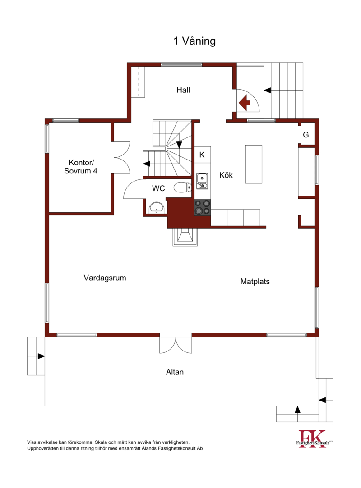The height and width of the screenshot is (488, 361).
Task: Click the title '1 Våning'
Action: click(194, 41)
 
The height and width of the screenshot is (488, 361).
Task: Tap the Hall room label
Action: click(183, 90)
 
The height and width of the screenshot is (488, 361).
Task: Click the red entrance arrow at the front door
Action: click(245, 102)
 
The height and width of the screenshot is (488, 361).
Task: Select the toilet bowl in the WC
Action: click(182, 187)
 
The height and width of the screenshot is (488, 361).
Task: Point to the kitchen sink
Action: click(202, 181)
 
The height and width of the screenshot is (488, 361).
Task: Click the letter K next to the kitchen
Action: click(202, 155)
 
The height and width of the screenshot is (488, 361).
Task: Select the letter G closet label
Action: click(306, 135)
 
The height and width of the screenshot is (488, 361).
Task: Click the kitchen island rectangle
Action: click(254, 164)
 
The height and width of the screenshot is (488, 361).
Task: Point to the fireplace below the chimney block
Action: click(185, 237)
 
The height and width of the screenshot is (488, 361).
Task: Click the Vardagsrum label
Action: click(105, 278)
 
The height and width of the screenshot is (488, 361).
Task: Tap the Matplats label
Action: click(255, 282)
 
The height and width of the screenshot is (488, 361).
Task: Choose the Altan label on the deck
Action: click(175, 372)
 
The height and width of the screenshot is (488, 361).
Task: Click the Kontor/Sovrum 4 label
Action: click(81, 167)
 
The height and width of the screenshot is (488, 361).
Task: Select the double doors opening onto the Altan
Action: click(176, 345)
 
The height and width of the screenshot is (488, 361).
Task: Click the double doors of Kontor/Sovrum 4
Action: click(122, 158)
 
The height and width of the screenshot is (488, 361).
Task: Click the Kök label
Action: click(226, 175)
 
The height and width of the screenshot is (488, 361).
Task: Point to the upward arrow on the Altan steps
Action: click(297, 410)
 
